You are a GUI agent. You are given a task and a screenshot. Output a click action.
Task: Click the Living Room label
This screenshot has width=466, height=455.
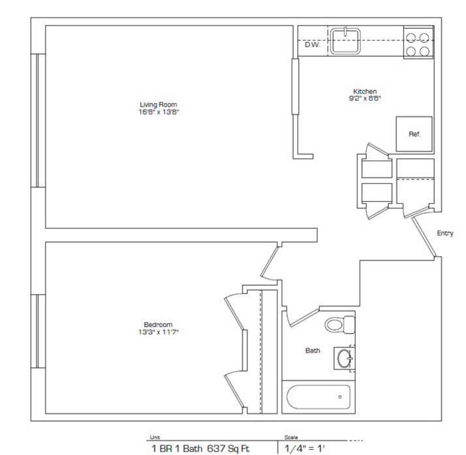click(x=158, y=104)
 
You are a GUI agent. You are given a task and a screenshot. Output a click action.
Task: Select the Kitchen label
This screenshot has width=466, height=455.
click(x=365, y=91)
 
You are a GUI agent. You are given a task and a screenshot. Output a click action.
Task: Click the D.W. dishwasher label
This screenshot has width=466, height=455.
click(x=311, y=45)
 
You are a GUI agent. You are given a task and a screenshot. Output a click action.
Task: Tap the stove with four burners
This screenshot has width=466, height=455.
click(x=418, y=44)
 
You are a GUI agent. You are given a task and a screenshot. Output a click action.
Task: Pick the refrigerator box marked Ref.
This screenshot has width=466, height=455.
click(x=414, y=134)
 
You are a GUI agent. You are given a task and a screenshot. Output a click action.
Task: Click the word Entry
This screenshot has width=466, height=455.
click(x=445, y=233)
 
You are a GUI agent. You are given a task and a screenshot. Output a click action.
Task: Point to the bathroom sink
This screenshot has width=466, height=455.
click(x=343, y=358)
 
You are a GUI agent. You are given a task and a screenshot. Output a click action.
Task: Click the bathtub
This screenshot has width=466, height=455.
click(x=318, y=396)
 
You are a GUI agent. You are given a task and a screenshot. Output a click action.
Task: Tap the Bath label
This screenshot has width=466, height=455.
click(x=313, y=351)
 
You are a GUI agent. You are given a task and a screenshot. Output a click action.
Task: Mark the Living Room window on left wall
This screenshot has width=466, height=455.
click(x=38, y=120)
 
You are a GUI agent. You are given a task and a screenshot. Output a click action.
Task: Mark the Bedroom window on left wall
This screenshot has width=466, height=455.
click(x=38, y=330)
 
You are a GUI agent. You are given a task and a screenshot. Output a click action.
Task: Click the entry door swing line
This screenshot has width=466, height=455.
click(x=424, y=236)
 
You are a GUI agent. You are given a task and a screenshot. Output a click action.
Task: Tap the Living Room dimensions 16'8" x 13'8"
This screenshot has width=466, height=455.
click(x=158, y=112)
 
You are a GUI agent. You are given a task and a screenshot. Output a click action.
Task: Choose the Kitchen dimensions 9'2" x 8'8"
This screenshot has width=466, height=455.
click(x=365, y=99)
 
